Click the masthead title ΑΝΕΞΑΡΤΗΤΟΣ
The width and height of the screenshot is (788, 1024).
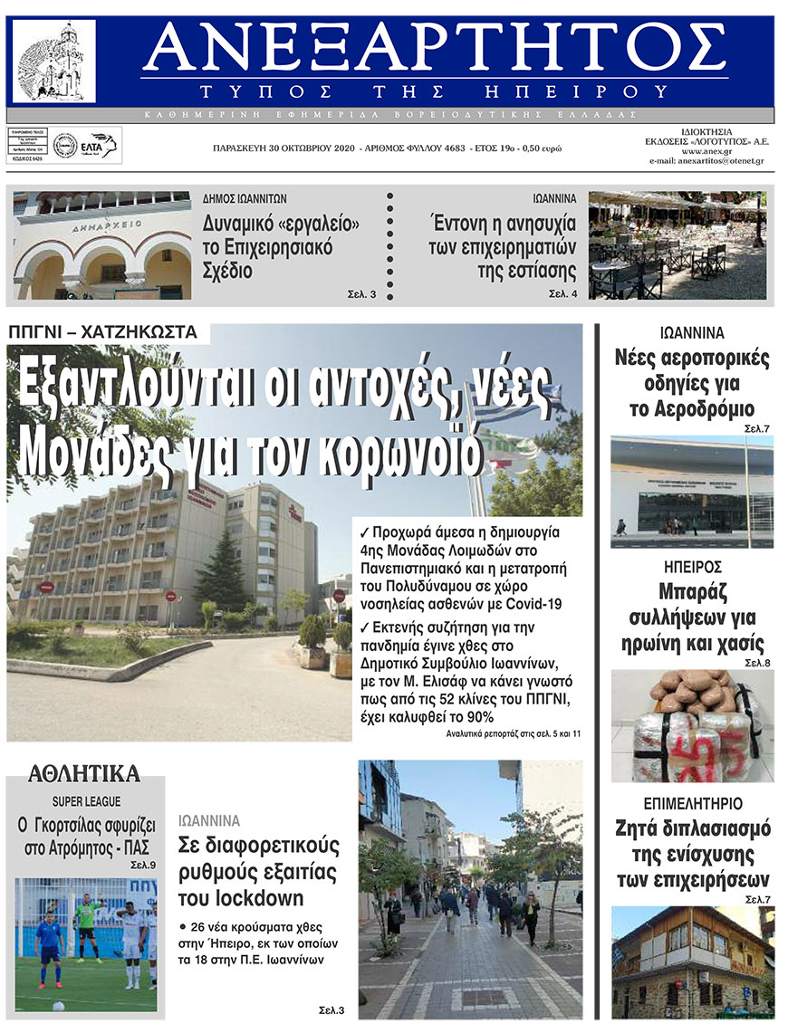[x=435, y=50]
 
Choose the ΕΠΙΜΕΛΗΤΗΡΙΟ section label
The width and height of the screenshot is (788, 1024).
[x=693, y=803]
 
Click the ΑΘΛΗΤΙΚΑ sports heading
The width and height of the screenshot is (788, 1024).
[x=84, y=773]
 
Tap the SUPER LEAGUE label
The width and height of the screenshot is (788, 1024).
[x=86, y=801]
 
